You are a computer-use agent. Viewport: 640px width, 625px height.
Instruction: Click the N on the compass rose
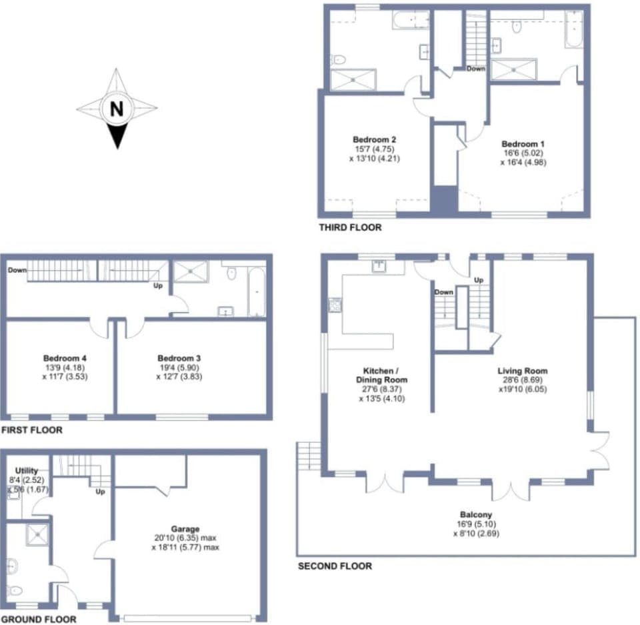[117, 109]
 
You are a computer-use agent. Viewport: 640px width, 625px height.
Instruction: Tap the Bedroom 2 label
[375, 139]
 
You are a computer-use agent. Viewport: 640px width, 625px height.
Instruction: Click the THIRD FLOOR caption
[351, 227]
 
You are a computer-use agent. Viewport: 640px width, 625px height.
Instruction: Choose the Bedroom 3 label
[179, 358]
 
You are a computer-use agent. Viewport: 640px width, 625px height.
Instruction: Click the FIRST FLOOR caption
[32, 430]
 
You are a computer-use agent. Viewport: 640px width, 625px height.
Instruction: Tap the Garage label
[185, 529]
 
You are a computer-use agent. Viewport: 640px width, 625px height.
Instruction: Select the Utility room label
[27, 471]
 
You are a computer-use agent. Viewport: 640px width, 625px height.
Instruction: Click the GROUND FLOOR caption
[39, 619]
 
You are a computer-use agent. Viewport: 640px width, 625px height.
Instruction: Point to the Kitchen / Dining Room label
[385, 375]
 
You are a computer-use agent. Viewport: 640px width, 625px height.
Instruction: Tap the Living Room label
[522, 371]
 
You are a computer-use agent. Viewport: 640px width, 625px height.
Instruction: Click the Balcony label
[476, 514]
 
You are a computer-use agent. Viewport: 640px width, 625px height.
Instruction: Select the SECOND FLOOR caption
[335, 566]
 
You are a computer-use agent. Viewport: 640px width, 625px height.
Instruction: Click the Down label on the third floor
[476, 69]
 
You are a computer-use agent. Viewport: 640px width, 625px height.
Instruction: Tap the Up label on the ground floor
[101, 492]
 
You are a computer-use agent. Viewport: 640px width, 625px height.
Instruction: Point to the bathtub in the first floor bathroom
[257, 291]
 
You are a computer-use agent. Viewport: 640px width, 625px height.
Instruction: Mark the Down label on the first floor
[17, 270]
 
